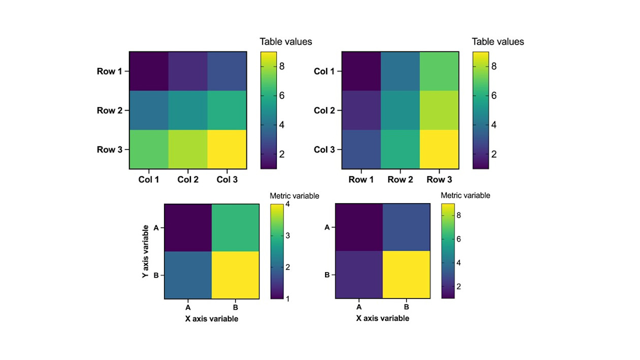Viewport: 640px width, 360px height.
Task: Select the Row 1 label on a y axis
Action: coord(109,71)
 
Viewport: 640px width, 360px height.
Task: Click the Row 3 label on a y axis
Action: coord(109,150)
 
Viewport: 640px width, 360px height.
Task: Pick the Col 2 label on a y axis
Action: coord(327,110)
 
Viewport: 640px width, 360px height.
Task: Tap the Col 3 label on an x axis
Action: coord(227,179)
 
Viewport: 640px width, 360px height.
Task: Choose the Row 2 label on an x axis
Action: coord(400,179)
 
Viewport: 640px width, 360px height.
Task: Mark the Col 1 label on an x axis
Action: coord(148,179)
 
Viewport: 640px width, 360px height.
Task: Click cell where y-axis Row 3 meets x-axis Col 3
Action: coord(227,149)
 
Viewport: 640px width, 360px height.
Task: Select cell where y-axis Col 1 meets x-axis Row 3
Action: coord(439,71)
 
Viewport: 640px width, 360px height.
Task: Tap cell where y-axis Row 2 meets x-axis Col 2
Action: coord(188,110)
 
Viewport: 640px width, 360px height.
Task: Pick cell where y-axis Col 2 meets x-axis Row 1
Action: coord(361,110)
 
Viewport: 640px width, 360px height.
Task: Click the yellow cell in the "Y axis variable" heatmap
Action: coord(236,275)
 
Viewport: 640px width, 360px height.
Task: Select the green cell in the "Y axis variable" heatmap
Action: coord(236,227)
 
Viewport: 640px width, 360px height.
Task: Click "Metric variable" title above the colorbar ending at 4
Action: coord(294,195)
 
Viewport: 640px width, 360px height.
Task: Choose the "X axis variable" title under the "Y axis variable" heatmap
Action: coord(211,319)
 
